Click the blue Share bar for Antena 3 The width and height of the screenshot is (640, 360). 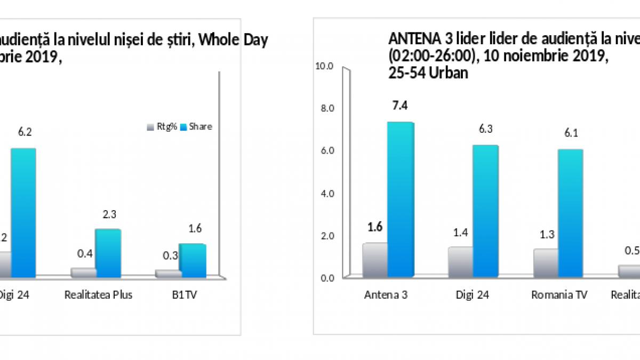tap(401, 199)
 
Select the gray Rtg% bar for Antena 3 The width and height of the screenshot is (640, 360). tap(375, 260)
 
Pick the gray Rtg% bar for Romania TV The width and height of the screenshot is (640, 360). tap(546, 263)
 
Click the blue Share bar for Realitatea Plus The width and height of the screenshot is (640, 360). tap(108, 253)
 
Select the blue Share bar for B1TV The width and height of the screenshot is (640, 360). tap(193, 261)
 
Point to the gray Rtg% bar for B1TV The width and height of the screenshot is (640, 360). tap(168, 274)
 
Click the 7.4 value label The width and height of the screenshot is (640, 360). tap(400, 105)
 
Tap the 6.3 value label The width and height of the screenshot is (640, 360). tap(486, 128)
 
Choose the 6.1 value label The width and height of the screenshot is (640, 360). tap(571, 133)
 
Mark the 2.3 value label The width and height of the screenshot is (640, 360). tap(109, 214)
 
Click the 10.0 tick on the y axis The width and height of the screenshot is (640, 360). tap(325, 66)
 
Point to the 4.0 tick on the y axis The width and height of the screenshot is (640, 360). tap(326, 193)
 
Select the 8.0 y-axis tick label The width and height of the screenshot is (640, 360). tap(326, 108)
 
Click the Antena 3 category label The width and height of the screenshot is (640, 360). tap(386, 295)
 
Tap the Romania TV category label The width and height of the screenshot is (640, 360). tap(559, 295)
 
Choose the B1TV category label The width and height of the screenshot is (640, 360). tap(185, 295)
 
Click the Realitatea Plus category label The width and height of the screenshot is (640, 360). tap(98, 295)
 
